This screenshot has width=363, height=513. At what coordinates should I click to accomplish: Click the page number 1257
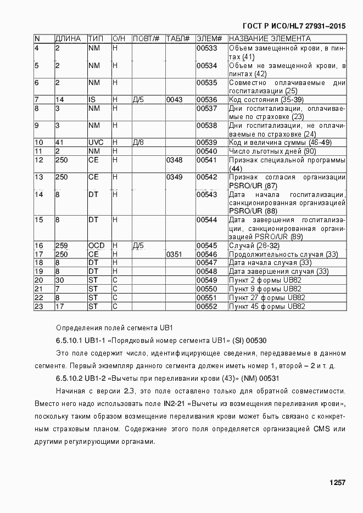pos(337,483)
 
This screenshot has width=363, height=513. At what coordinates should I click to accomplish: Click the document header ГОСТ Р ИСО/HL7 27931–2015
pos(294,26)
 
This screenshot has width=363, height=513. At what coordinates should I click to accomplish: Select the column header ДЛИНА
pos(68,39)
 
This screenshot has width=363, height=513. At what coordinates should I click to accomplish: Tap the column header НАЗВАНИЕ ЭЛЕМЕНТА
pos(270,39)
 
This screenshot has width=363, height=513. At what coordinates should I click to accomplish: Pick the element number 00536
pos(207,100)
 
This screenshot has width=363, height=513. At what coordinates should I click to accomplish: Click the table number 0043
pos(174,100)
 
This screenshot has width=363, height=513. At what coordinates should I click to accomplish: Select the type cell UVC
pos(96,143)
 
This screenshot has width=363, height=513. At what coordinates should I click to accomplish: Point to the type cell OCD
pos(97,245)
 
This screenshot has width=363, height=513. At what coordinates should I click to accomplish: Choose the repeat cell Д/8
pos(138,143)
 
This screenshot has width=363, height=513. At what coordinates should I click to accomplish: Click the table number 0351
pos(174,254)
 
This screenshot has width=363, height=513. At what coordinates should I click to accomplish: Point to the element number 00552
pos(207,306)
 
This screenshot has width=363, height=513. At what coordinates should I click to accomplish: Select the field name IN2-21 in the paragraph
pos(176,404)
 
